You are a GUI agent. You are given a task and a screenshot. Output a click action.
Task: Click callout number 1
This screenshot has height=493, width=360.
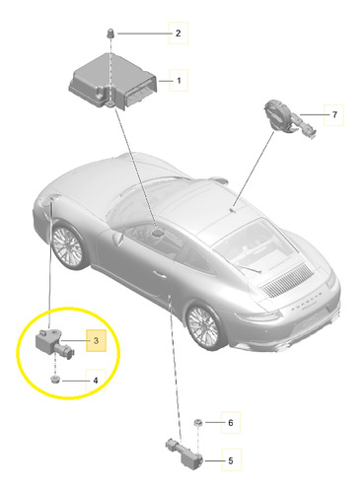pyautogui.click(x=179, y=80)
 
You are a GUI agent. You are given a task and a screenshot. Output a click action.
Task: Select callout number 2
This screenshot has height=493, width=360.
pyautogui.click(x=178, y=34)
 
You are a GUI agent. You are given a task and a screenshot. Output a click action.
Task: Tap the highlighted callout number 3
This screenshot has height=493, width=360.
pyautogui.click(x=96, y=340)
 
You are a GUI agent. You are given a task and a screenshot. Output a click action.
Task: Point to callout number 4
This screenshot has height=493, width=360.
pyautogui.click(x=96, y=381)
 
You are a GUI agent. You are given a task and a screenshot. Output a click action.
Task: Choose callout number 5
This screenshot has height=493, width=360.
pyautogui.click(x=231, y=460)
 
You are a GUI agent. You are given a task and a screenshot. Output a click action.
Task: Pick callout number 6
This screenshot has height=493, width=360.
pyautogui.click(x=231, y=422)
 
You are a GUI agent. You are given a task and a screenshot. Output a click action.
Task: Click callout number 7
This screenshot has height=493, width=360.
pyautogui.click(x=334, y=114)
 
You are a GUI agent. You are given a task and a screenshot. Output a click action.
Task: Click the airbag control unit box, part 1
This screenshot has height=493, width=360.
pyautogui.click(x=112, y=82)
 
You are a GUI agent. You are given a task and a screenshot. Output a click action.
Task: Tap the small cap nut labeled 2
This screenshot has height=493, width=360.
pyautogui.click(x=110, y=34)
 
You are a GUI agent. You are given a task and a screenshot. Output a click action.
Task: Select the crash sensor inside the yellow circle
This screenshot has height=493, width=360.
pyautogui.click(x=54, y=344)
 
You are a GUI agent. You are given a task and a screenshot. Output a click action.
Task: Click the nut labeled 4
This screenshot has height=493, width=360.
pyautogui.click(x=55, y=381)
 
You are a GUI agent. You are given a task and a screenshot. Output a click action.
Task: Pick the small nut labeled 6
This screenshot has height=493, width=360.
pyautogui.click(x=198, y=422)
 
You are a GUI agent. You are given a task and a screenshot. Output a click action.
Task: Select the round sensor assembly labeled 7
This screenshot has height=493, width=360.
pyautogui.click(x=289, y=119)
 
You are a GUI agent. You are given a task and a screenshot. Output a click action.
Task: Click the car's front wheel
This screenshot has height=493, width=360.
pyautogui.click(x=69, y=246)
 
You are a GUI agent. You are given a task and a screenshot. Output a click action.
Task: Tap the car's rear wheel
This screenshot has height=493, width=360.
pyautogui.click(x=204, y=326)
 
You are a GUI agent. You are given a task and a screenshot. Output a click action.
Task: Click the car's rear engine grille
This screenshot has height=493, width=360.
pyautogui.click(x=287, y=280)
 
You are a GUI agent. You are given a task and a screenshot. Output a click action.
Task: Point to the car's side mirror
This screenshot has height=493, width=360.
pyautogui.click(x=117, y=238)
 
